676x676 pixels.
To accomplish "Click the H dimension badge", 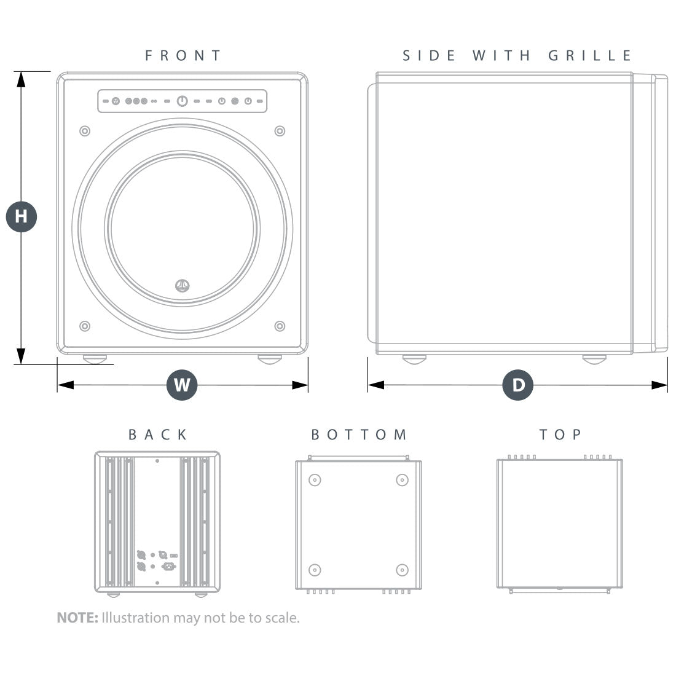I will pos(22,216).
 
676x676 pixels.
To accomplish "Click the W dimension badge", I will pos(182,385).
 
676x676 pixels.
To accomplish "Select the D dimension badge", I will pos(518,385).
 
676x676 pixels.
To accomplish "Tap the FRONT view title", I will pos(183,55).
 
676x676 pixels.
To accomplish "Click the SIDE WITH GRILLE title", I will pos(517,55).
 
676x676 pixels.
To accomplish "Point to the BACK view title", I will pos(158,434).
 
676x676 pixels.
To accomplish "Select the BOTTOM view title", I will pos(359,434).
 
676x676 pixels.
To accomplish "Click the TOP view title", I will pos(560,434).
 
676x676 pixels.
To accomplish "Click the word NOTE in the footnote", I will pos(77,618).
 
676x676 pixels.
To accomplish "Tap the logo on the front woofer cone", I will pos(183,285).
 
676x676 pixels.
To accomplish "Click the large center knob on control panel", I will pos(183,101).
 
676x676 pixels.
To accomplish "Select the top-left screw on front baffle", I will pos(85,131).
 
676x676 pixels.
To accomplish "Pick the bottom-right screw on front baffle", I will pos(280,326).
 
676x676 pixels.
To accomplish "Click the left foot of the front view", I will pos(95,359).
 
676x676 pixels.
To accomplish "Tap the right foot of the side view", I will pos(594,359).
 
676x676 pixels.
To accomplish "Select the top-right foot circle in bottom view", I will pos(402,480).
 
